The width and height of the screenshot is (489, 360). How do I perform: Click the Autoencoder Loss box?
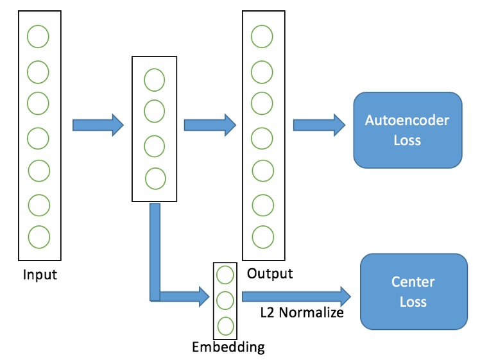point(407,130)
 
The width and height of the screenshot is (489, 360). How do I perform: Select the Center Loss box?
point(413,291)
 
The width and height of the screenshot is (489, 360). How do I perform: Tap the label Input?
point(40,275)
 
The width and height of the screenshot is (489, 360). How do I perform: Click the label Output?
point(270,273)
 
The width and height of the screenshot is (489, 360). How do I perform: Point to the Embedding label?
point(228,347)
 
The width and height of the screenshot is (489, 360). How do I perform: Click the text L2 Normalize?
point(302,313)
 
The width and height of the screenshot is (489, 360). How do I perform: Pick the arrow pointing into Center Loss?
point(296,296)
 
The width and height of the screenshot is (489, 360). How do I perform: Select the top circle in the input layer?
point(38,37)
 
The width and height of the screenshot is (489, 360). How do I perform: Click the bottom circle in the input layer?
point(38,236)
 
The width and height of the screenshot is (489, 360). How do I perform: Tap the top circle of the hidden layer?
point(154,80)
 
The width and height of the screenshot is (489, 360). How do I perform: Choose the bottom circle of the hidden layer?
point(154,178)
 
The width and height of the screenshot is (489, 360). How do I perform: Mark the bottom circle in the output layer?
point(261,236)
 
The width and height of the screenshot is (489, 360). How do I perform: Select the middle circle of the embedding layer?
point(225,300)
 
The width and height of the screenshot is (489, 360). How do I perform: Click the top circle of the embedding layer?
point(225,275)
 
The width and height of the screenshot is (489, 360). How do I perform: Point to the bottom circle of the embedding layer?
point(225,324)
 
